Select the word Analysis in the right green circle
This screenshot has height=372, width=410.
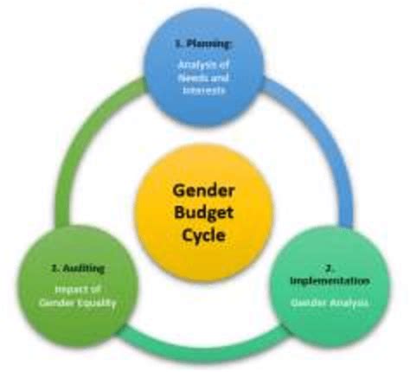pyautogui.click(x=348, y=304)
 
